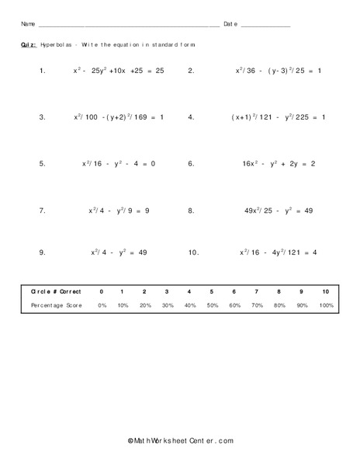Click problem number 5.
coord(42,164)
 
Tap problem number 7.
coord(42,210)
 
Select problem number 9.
coord(42,252)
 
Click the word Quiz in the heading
coord(28,45)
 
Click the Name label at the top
coord(29,24)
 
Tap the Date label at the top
coord(230,24)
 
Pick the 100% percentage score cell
coord(326,306)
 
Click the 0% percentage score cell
coord(100,306)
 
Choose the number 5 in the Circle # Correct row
coord(213,291)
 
